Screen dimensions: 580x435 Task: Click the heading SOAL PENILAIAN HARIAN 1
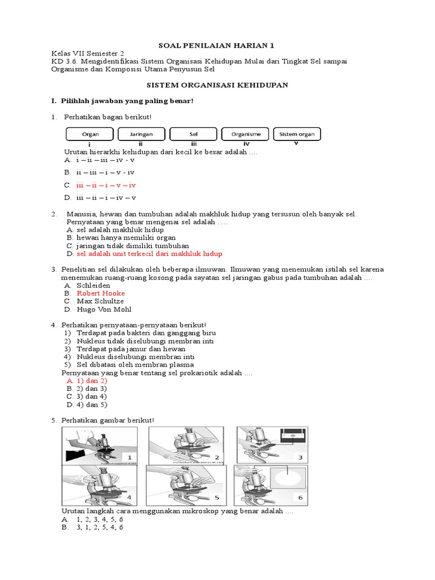click(x=217, y=45)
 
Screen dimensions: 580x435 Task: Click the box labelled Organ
click(x=90, y=134)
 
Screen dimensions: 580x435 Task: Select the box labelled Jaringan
click(x=142, y=134)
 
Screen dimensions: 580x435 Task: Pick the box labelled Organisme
click(x=245, y=134)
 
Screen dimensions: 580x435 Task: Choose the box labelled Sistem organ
click(x=297, y=134)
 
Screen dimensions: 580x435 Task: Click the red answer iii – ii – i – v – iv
click(x=106, y=185)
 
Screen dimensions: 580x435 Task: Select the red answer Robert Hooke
click(x=101, y=293)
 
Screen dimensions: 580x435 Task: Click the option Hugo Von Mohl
click(x=104, y=310)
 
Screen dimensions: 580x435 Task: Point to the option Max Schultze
click(x=100, y=301)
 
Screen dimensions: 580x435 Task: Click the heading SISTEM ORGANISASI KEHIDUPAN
click(x=217, y=85)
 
